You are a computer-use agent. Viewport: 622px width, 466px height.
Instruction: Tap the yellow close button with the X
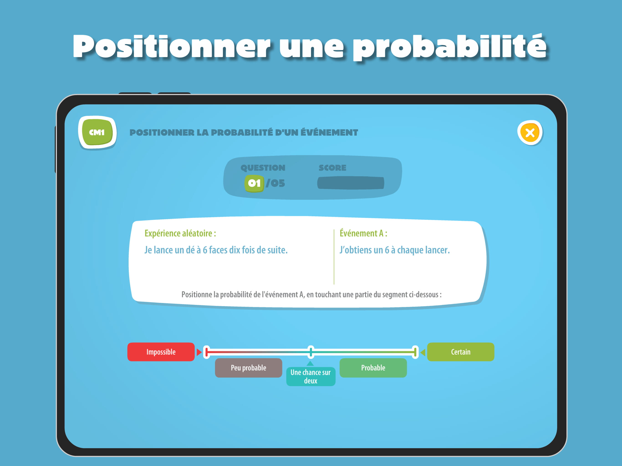(x=530, y=133)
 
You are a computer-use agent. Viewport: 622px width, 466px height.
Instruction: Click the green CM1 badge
(x=97, y=132)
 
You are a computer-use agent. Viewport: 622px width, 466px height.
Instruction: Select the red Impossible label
(x=161, y=352)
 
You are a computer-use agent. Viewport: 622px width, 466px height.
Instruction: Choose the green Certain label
(x=461, y=352)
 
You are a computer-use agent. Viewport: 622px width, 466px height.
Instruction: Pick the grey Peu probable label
(x=249, y=368)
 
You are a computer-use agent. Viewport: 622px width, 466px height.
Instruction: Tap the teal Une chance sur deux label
(x=311, y=376)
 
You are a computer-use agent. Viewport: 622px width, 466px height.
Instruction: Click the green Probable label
(x=373, y=368)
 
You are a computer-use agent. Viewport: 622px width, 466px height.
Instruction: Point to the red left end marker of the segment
(x=207, y=352)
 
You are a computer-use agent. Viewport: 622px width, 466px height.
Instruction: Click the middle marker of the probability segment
(x=311, y=352)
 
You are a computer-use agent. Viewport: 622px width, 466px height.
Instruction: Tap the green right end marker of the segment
(x=415, y=352)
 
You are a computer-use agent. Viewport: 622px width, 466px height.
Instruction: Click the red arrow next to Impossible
(x=199, y=352)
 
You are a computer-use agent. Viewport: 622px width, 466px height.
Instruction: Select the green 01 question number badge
(x=254, y=183)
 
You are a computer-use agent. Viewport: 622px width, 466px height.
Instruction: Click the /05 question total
(x=275, y=183)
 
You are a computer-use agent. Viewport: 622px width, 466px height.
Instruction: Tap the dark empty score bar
(x=351, y=183)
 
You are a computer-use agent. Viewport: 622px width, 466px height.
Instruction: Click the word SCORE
(x=332, y=168)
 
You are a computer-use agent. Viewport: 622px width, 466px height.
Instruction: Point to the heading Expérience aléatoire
(x=180, y=233)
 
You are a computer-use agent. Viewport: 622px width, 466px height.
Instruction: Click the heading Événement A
(x=363, y=233)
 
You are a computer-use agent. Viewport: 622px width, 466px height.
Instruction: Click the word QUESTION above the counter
(x=263, y=168)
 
